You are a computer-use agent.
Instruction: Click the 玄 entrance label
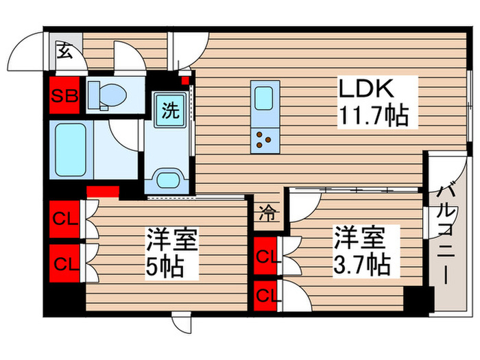click(64, 50)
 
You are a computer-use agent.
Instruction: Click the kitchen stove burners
click(264, 140)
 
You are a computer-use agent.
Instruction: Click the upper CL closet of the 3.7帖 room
click(266, 257)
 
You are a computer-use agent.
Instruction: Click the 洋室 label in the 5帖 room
click(171, 241)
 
